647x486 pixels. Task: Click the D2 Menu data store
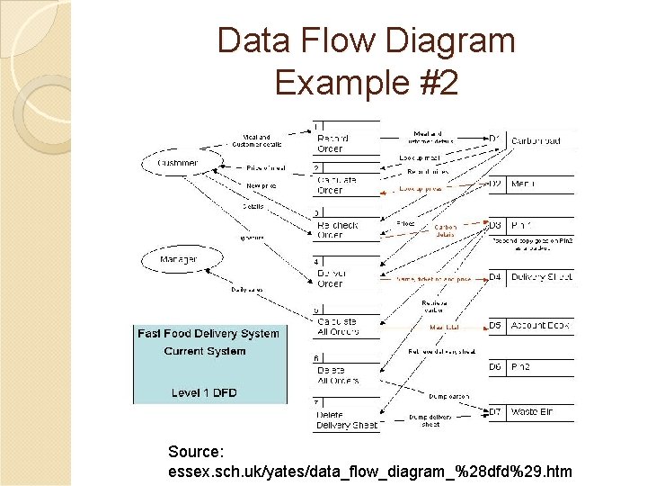530,184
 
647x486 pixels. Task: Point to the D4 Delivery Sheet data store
530,277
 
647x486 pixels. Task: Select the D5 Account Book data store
530,325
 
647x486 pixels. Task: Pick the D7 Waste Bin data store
530,411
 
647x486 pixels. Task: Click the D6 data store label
495,367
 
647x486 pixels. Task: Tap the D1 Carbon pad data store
530,139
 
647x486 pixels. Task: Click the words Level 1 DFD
205,392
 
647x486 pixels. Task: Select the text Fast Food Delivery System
208,334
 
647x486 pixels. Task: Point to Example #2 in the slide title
366,83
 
